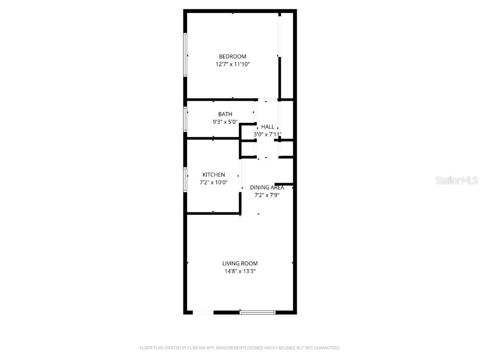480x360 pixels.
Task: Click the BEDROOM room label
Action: click(232, 57)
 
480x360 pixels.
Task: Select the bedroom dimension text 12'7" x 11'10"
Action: click(232, 65)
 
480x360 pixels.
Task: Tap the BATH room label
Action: click(225, 114)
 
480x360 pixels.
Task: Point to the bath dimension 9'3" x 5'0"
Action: click(225, 122)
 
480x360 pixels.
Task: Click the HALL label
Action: click(268, 127)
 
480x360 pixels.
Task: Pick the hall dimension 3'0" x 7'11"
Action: click(268, 134)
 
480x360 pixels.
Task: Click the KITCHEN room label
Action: click(213, 175)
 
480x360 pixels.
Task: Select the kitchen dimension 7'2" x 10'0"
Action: click(213, 182)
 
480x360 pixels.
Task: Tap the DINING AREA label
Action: click(267, 187)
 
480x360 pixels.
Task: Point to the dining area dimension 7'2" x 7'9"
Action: click(267, 195)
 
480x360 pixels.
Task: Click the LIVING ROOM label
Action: click(240, 263)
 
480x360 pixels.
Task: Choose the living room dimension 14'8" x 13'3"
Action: click(240, 271)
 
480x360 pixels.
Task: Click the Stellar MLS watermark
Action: click(456, 180)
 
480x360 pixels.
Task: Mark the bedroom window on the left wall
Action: click(185, 54)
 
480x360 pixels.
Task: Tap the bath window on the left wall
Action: click(185, 119)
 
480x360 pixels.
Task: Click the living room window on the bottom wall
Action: click(257, 312)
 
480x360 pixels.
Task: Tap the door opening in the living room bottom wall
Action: click(203, 312)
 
